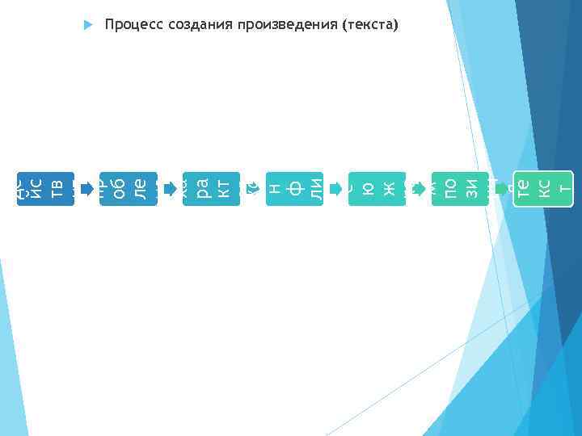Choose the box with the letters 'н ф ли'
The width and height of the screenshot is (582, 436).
(x=294, y=188)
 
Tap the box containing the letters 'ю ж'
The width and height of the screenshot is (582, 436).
(x=377, y=188)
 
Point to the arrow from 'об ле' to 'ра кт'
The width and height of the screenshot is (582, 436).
(x=170, y=189)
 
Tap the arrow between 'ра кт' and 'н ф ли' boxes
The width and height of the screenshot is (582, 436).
(x=253, y=189)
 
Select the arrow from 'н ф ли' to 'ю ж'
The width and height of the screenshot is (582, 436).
(x=335, y=189)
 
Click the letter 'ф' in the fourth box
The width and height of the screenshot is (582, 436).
(x=296, y=188)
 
